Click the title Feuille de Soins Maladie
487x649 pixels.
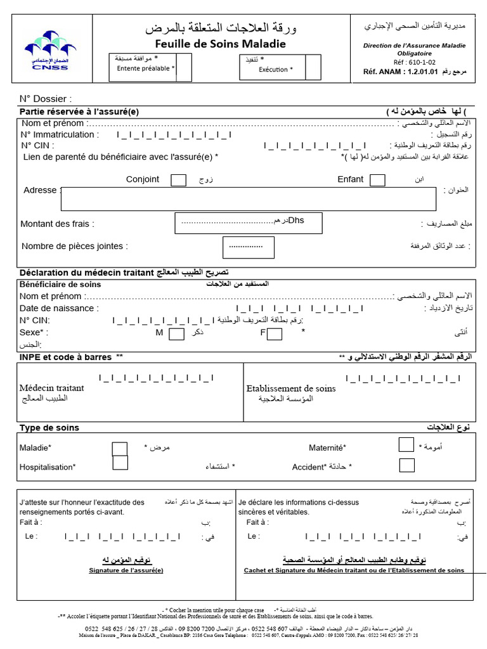pyautogui.click(x=221, y=44)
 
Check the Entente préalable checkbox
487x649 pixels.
pyautogui.click(x=183, y=68)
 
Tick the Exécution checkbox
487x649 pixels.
pyautogui.click(x=313, y=67)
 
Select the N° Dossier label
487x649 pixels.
pyautogui.click(x=46, y=99)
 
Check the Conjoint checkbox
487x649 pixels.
pyautogui.click(x=179, y=180)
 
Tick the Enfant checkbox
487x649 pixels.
pyautogui.click(x=377, y=180)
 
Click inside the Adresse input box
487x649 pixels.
pyautogui.click(x=249, y=199)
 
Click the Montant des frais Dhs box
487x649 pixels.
pyautogui.click(x=249, y=222)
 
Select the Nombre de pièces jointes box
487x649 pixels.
pyautogui.click(x=249, y=247)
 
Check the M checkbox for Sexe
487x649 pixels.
pyautogui.click(x=177, y=333)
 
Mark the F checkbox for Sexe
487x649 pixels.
pyautogui.click(x=275, y=333)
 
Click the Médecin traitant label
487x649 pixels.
pyautogui.click(x=51, y=388)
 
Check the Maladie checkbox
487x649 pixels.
pyautogui.click(x=120, y=449)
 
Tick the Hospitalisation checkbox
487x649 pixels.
pyautogui.click(x=120, y=463)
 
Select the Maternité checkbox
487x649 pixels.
pyautogui.click(x=406, y=445)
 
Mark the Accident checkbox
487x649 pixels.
pyautogui.click(x=406, y=466)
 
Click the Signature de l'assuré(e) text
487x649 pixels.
pyautogui.click(x=126, y=570)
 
